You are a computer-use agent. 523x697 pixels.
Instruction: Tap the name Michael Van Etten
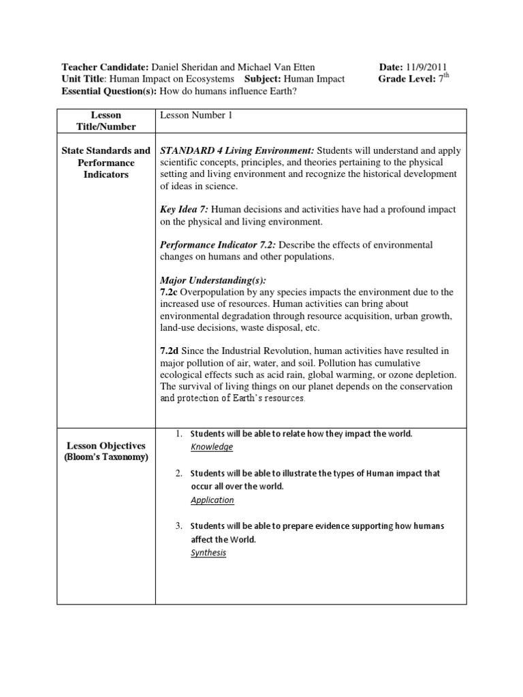(280, 67)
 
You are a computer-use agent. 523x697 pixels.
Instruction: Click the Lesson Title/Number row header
(106, 121)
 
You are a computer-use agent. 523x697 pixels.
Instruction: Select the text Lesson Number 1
(196, 116)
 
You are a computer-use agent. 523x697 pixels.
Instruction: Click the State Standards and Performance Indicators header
(106, 163)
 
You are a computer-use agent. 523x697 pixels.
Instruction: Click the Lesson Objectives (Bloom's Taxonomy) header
(106, 451)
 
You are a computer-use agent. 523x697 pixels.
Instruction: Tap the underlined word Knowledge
(212, 447)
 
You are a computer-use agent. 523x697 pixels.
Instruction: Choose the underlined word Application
(212, 500)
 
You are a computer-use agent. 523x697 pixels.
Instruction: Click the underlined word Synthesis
(208, 553)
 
